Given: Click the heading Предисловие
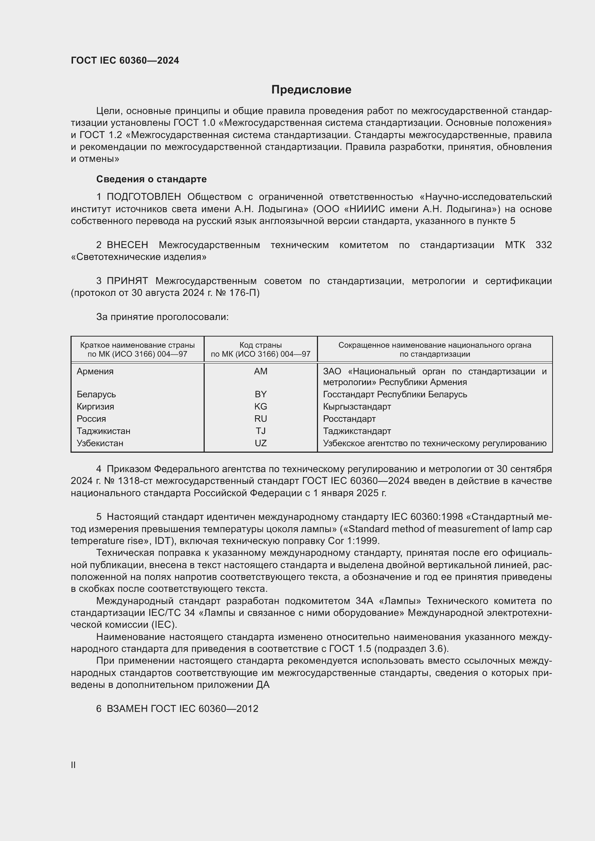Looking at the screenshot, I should tap(311, 90).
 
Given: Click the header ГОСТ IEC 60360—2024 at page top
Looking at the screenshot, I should tap(125, 60).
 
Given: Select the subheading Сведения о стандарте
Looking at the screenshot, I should tap(151, 179).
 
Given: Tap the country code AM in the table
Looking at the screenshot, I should tap(260, 371).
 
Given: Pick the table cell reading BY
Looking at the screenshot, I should tap(260, 394).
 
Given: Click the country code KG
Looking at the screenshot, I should tap(260, 407).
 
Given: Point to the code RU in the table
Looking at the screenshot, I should tap(260, 419).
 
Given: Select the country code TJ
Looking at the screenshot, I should tap(260, 431).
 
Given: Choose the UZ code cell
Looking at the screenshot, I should tap(260, 443).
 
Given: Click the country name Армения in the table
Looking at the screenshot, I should tap(95, 371).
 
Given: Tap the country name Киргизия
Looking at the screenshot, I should tap(95, 407).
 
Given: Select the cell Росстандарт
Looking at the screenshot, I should tap(349, 419).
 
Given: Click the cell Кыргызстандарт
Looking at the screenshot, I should tap(357, 407).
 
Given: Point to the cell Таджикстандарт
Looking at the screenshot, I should tap(357, 431).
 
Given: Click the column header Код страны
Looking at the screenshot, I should tap(260, 345).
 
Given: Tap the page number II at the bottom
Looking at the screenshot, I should tap(73, 765).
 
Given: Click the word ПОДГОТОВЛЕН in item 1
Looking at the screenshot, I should tap(144, 197).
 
